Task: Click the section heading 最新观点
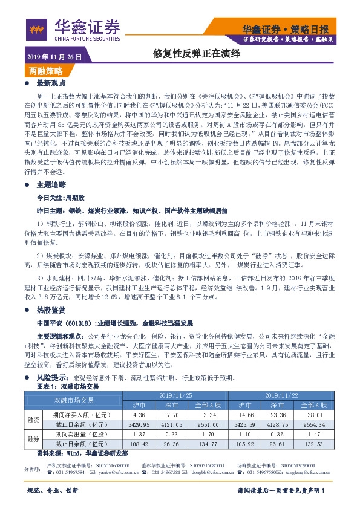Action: pos(51,83)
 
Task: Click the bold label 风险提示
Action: pos(51,377)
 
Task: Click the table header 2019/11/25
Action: pos(175,394)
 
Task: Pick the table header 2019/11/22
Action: pos(283,394)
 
